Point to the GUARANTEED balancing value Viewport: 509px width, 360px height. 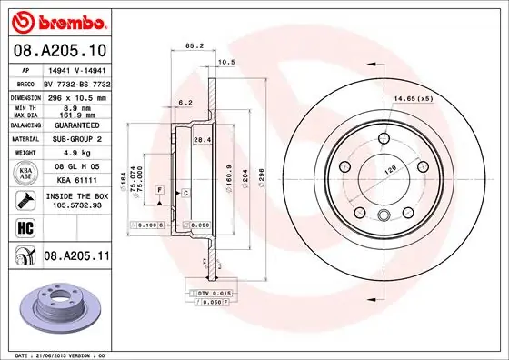pos(76,125)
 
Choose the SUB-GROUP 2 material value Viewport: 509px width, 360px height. pos(76,140)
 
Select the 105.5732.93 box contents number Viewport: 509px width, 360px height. pos(76,205)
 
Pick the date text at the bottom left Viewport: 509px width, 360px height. pos(58,354)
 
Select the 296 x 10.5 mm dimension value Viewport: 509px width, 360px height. pos(76,96)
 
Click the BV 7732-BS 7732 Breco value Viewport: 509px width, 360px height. pos(76,82)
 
